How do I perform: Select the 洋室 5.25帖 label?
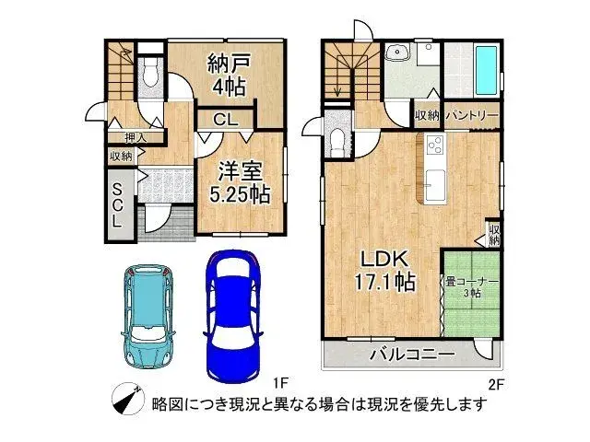point(238,182)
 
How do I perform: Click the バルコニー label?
point(411,354)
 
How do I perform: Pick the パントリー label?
point(472,115)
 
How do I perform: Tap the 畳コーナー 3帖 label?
point(471,288)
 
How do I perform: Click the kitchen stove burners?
point(434,145)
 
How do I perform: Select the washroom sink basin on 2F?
point(398,52)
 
